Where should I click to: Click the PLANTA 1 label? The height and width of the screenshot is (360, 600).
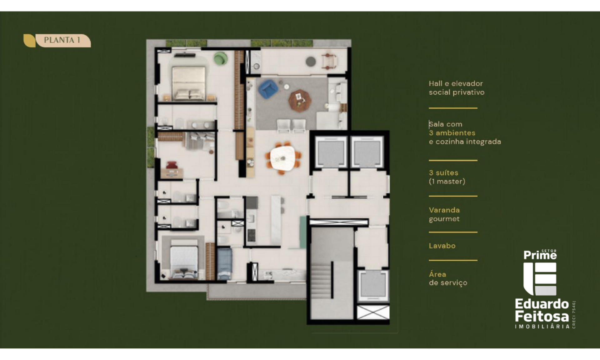tap(62, 40)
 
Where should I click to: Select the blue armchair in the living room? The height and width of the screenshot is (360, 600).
tap(268, 89)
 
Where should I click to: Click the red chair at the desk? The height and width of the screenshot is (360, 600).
tap(172, 165)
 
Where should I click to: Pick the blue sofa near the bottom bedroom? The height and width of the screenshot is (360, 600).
tap(224, 263)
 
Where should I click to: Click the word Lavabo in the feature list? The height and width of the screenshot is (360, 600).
tap(442, 246)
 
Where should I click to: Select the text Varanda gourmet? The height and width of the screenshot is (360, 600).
tap(444, 214)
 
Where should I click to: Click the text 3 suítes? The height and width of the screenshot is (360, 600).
tap(443, 172)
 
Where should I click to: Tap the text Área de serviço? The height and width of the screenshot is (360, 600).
tap(448, 278)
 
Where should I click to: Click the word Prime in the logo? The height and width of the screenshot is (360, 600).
tap(540, 255)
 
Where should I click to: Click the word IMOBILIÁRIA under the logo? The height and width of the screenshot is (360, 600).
tap(542, 327)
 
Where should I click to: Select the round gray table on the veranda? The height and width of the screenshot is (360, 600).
tap(311, 62)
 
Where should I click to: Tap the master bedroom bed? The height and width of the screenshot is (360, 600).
tap(188, 83)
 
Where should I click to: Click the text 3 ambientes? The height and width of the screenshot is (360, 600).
tap(452, 133)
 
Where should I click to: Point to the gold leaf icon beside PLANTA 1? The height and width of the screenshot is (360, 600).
tap(29, 41)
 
